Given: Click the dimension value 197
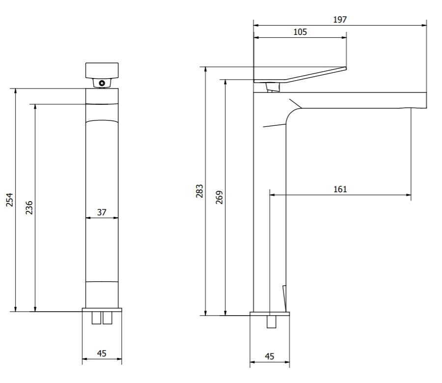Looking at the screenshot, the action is (340, 20).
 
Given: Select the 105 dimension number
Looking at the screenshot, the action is (300, 32).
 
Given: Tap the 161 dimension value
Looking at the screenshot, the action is (340, 189).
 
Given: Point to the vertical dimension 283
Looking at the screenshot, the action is (199, 191).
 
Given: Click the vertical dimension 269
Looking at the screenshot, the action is (220, 197).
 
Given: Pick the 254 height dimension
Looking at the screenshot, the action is (10, 200).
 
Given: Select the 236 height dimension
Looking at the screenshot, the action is (29, 208).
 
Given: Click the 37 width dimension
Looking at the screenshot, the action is (102, 212).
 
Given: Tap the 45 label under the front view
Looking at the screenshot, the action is (102, 354).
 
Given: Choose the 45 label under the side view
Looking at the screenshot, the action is (270, 356).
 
